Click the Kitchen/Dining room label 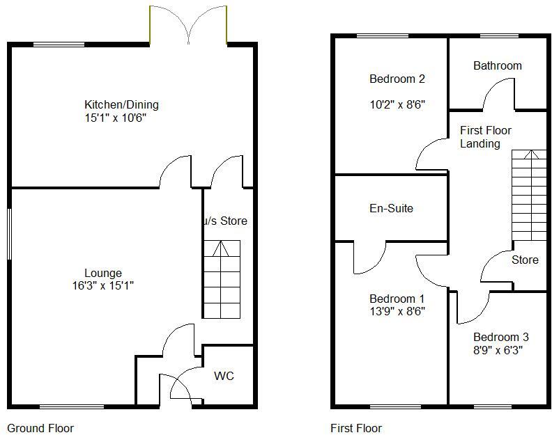coord(121,105)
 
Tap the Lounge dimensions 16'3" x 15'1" coord(103,285)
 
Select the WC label coord(224,377)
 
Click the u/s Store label coord(225,221)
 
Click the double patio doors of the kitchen coord(187,25)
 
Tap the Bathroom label coord(497,66)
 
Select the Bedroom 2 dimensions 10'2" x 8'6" coord(397,104)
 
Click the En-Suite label coord(391,208)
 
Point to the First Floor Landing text coord(486,137)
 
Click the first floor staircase coord(529,195)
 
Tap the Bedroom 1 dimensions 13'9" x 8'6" coord(397,311)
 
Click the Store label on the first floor coord(525,260)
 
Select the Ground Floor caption coord(40,428)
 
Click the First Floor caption coord(356,428)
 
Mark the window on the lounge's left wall coord(9,235)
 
